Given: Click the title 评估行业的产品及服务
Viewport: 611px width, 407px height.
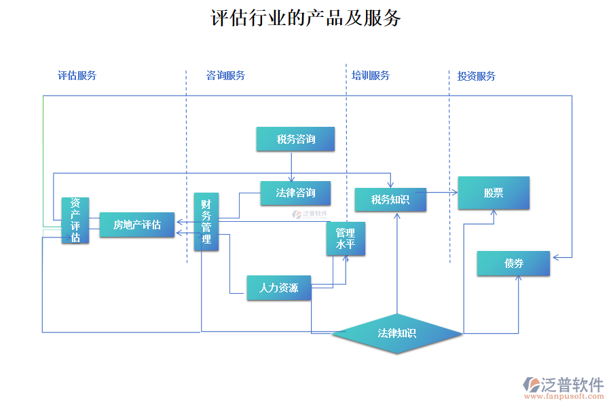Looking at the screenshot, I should [306, 18].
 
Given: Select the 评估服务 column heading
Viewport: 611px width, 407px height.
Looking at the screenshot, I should [77, 75].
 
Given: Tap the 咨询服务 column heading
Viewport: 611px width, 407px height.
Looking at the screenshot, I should [225, 75].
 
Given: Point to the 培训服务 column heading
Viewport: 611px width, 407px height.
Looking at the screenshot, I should [371, 75].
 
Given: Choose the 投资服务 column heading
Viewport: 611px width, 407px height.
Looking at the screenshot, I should [476, 76].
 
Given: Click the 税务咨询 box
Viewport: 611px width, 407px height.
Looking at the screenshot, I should [295, 139].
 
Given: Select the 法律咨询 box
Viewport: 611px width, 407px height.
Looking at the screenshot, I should [295, 193].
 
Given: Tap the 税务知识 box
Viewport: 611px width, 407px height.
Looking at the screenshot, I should [390, 199].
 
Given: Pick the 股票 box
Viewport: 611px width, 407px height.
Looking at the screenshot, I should [494, 193].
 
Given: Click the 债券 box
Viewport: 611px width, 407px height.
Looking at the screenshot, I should [513, 263].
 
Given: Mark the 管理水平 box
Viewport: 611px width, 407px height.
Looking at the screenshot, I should [346, 239].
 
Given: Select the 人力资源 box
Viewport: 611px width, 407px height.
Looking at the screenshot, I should [278, 288].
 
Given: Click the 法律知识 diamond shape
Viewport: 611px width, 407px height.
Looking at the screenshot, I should [397, 333].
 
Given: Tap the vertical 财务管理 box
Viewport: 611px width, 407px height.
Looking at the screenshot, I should [206, 221].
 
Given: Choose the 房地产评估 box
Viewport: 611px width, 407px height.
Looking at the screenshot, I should [136, 225].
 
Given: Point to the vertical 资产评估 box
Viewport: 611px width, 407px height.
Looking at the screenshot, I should [75, 220].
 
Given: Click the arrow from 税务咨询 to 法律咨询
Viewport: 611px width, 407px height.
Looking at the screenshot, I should [291, 166].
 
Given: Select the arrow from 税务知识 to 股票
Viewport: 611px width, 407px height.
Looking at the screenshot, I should [441, 193].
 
